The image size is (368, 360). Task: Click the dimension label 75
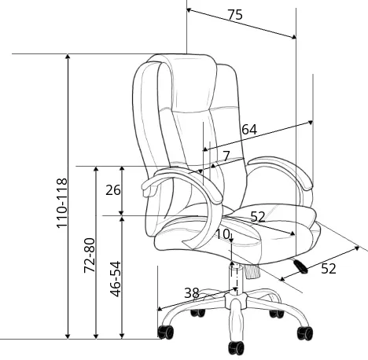click(235, 15)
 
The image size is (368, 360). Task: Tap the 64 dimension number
click(249, 130)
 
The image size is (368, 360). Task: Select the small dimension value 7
click(226, 156)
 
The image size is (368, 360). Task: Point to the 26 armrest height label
click(113, 190)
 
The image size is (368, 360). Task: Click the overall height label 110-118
click(62, 203)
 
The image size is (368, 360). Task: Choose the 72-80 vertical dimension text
click(89, 255)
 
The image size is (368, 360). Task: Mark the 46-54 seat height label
click(116, 279)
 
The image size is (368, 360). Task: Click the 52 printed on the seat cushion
click(258, 216)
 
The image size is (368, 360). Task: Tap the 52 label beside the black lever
click(329, 269)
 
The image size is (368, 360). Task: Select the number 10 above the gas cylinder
click(223, 234)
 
